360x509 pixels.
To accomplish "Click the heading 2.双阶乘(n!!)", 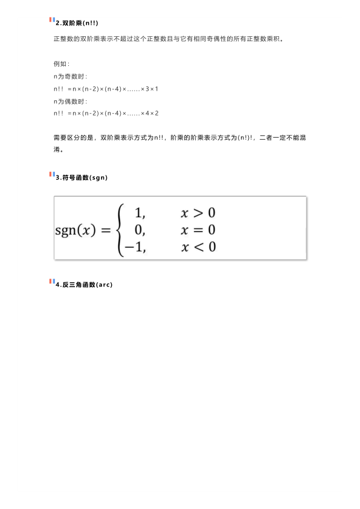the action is point(77,23).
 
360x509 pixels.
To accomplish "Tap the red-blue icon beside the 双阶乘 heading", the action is point(51,21).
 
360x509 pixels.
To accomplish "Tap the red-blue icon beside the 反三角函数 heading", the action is point(51,282).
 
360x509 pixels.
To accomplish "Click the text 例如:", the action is point(62,64).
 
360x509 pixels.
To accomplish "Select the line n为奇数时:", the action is point(71,76).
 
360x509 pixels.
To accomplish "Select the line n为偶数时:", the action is point(71,101).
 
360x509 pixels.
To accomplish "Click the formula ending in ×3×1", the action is point(106,89).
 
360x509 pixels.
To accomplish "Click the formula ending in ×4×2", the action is point(106,113).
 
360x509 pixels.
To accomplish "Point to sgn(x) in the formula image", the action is point(76,230).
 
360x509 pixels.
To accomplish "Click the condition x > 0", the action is point(198,213).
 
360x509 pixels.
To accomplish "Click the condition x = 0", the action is point(198,230).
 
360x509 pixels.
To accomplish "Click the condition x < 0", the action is point(198,247).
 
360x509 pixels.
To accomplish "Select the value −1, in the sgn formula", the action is point(135,247).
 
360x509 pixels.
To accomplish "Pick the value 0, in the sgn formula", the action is point(140,230).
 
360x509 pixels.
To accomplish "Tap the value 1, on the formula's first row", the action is point(140,213).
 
